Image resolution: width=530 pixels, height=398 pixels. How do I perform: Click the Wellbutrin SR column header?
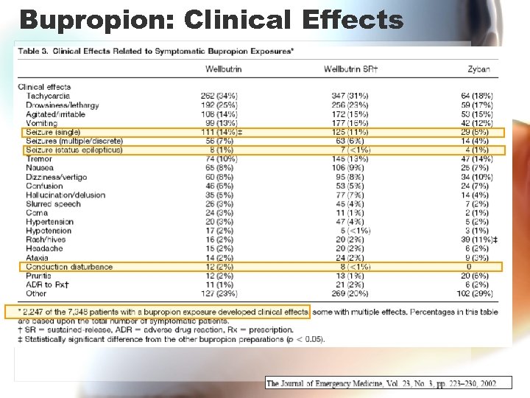coord(350,69)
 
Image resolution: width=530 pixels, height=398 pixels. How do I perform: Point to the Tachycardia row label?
coord(48,96)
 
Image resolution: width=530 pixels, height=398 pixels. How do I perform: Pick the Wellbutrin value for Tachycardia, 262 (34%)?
coord(219,96)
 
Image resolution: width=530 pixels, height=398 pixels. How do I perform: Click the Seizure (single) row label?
coord(57,132)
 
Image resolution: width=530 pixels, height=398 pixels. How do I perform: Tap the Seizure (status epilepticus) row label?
coord(74,150)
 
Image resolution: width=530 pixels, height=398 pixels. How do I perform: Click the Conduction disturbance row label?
coord(69,266)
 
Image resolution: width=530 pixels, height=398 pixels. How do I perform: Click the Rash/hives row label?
coord(46,240)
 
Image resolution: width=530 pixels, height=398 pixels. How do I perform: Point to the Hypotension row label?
coord(49,231)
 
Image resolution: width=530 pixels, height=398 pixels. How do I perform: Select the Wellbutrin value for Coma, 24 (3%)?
coord(219,213)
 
